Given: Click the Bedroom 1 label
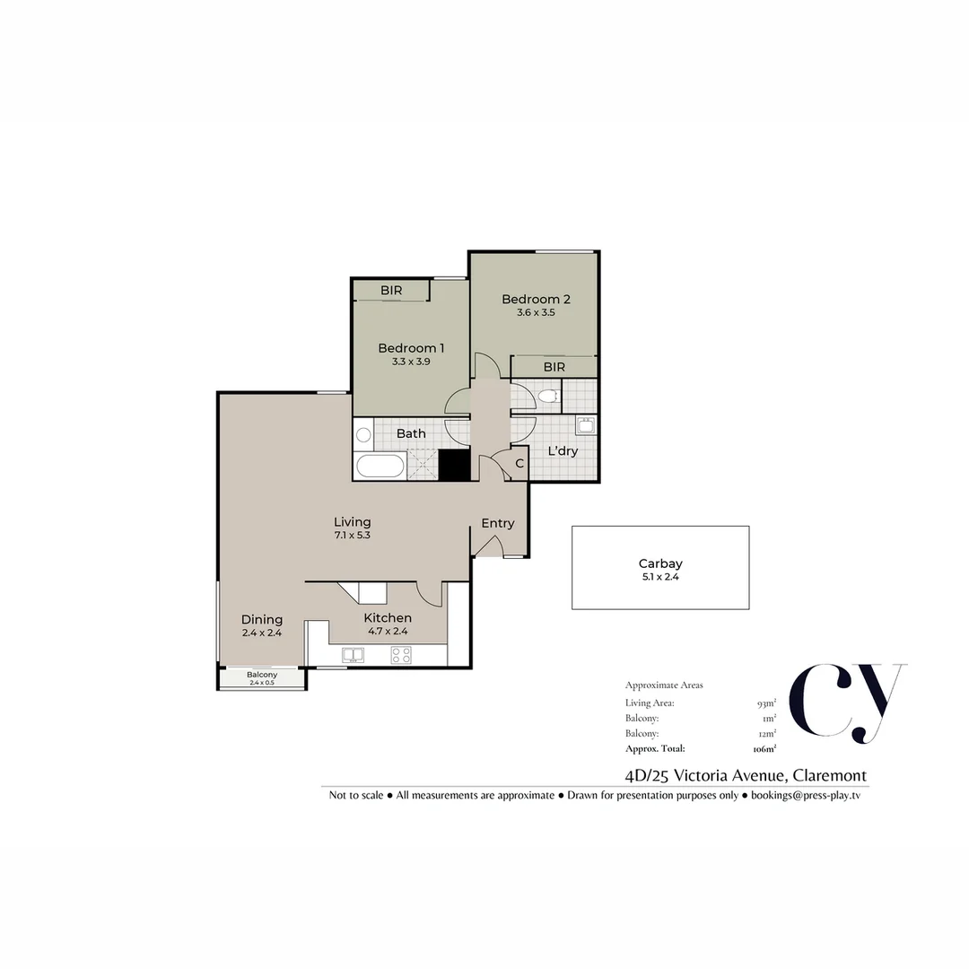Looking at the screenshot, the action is click(411, 348).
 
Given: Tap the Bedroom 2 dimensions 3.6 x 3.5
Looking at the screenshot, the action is click(536, 313).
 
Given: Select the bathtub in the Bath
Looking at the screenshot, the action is click(380, 466).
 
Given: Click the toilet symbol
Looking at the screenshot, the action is click(548, 396).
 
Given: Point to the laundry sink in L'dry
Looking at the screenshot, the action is click(585, 424).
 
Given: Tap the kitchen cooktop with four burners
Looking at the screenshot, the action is click(401, 655).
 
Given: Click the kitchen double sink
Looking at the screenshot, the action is click(353, 655).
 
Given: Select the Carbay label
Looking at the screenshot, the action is click(660, 563).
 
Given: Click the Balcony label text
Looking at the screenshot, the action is click(262, 675).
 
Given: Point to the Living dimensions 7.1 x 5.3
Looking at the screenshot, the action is click(353, 535).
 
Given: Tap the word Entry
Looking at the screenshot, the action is click(497, 523).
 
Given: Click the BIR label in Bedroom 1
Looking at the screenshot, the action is click(391, 291).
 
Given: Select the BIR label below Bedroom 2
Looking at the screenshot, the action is click(554, 367).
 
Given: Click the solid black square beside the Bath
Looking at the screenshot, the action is click(454, 465).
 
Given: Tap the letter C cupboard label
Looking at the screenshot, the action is click(519, 463).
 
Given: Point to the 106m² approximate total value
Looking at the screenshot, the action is click(764, 749).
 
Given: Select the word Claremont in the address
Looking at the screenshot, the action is click(829, 775).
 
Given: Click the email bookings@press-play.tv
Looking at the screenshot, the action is click(805, 795).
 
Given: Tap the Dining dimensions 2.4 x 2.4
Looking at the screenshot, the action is click(262, 633).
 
